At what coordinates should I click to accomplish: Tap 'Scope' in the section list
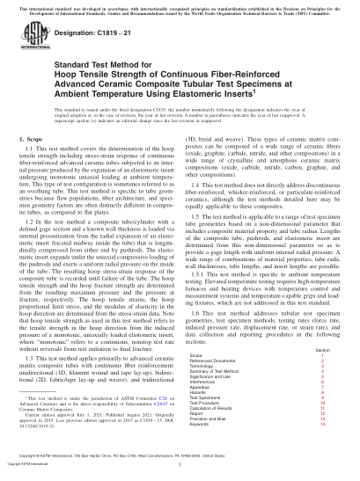(x=196, y=354)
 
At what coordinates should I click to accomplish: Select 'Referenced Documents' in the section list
(x=211, y=361)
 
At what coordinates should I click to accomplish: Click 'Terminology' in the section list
(x=202, y=367)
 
